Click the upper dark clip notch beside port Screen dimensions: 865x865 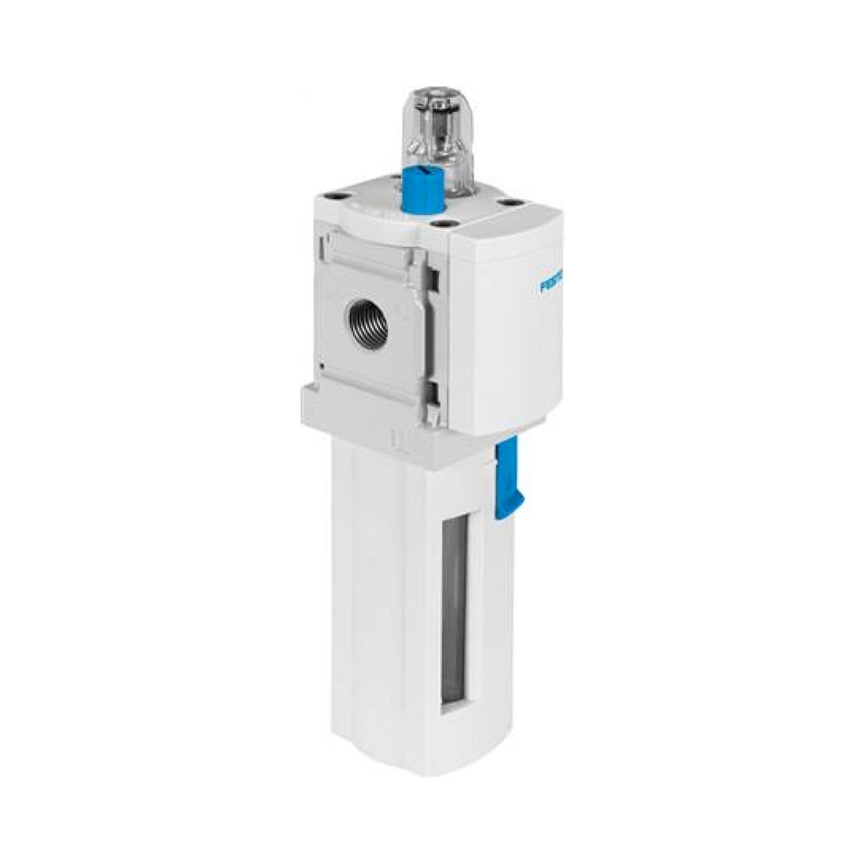click(x=432, y=277)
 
